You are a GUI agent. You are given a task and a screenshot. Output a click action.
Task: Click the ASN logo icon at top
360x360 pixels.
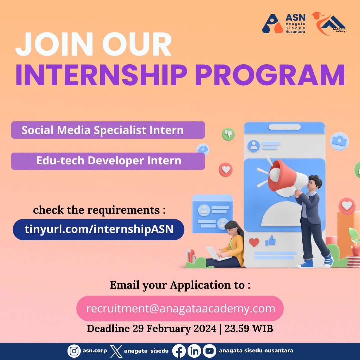pos(272,23)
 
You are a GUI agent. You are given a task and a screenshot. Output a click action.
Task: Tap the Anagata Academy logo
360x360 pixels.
pos(328,22)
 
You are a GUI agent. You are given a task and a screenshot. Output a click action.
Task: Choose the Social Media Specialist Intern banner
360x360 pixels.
pos(108,130)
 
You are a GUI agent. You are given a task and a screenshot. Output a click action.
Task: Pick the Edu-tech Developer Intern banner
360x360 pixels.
pos(108,161)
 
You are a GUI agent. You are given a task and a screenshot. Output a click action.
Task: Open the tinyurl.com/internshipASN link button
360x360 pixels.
pos(99,229)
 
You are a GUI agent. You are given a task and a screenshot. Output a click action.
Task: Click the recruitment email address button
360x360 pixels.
pos(180,308)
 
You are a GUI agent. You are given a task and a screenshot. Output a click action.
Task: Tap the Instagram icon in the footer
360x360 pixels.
pos(74,351)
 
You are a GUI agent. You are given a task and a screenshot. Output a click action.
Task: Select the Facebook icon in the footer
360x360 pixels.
pos(179,351)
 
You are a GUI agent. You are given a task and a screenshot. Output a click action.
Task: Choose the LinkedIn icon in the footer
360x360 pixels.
pos(194,351)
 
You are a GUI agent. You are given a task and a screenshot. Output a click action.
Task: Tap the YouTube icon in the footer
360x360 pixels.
pos(209,351)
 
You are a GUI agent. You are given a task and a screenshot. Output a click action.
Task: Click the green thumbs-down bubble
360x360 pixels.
pos(228,134)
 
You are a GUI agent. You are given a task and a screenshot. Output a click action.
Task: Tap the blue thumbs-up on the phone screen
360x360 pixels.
pos(271,241)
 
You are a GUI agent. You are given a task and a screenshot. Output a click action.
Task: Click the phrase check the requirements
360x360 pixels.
pos(99,210)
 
